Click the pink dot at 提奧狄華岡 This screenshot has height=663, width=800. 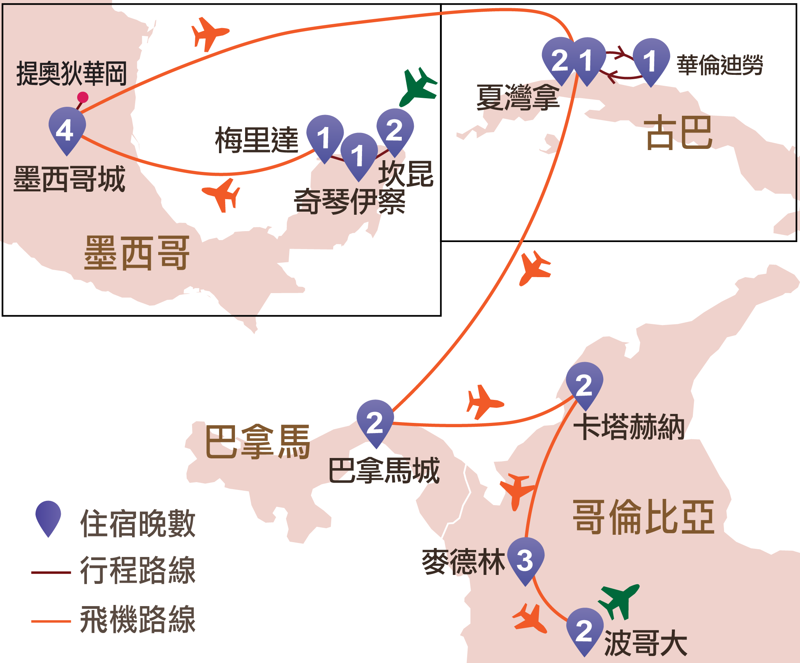point(83,97)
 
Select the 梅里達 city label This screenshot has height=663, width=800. point(257,140)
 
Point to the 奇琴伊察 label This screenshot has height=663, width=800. point(350,202)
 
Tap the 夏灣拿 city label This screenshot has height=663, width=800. point(518,97)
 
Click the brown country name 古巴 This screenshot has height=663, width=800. point(679,133)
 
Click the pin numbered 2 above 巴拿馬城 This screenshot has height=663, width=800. point(375,422)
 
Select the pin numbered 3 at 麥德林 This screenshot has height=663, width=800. point(525,560)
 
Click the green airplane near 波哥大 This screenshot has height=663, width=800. point(619,600)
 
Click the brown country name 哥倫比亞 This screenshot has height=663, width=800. point(643,517)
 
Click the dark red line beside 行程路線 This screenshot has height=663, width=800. point(51,573)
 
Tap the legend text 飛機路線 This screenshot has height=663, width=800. point(138,619)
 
